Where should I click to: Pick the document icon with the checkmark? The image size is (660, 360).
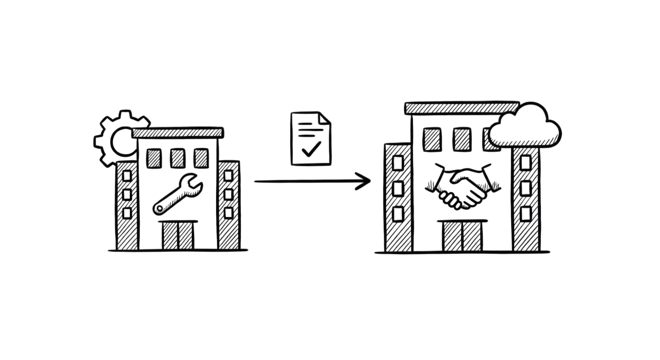[x=310, y=138]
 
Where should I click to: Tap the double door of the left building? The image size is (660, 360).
[x=179, y=235]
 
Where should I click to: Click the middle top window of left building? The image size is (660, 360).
[x=177, y=158]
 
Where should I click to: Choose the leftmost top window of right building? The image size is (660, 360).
[x=432, y=139]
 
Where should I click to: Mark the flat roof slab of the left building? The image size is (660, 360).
[x=178, y=132]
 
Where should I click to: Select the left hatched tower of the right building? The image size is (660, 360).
[x=399, y=196]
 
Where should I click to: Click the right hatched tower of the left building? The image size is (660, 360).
[x=228, y=204]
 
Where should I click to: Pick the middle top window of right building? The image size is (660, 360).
[x=462, y=139]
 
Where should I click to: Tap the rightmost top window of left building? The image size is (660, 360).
[x=201, y=158]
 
